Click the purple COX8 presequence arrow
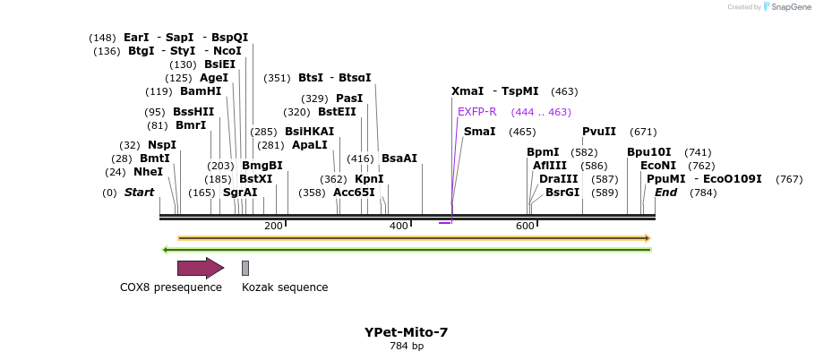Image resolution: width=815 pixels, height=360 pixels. (x=200, y=268)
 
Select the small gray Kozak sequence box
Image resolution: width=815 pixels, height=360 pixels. (x=245, y=268)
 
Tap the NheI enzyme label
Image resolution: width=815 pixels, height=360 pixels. (x=148, y=172)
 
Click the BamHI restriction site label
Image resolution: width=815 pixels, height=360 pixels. (x=200, y=91)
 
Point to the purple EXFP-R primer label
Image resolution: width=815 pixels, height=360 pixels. (x=476, y=112)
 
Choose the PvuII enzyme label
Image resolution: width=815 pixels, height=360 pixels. (x=599, y=132)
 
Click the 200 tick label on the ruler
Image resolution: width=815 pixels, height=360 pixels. (x=273, y=226)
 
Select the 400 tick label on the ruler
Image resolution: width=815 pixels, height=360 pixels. (x=399, y=226)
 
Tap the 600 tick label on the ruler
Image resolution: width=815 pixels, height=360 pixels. (x=525, y=226)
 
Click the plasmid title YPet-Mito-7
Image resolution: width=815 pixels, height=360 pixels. (x=406, y=332)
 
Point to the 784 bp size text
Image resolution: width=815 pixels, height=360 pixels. (x=407, y=346)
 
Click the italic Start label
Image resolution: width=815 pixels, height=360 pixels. (x=139, y=193)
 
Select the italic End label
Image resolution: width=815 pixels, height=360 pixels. (x=665, y=193)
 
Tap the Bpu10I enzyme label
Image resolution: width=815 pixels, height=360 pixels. (x=648, y=152)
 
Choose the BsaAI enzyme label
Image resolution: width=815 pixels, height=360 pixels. (x=399, y=159)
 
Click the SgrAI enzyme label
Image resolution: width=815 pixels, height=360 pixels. (x=240, y=193)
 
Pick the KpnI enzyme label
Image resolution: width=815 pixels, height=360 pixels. (x=369, y=179)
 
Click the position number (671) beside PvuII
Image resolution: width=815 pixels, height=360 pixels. (x=643, y=132)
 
